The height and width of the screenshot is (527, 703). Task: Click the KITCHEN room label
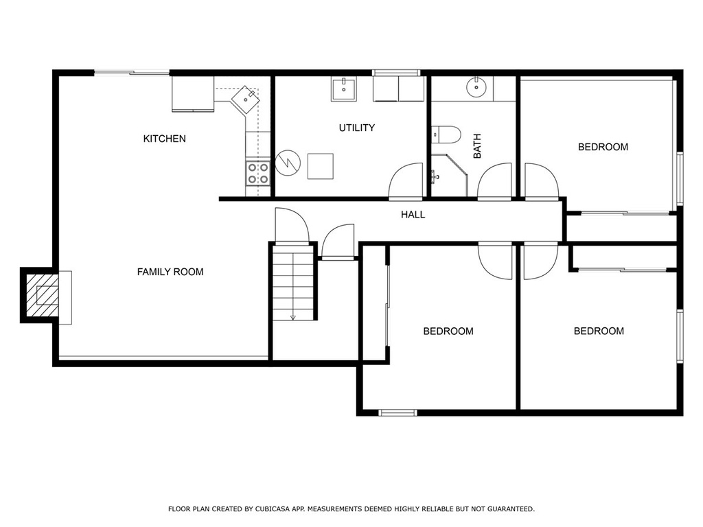(164, 139)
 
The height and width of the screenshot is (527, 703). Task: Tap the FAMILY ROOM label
(170, 272)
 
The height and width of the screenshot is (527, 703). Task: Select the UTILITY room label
(356, 128)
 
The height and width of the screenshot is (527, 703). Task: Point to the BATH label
(477, 146)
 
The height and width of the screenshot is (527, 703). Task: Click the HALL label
(413, 215)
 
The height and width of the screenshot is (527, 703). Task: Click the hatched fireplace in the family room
(42, 295)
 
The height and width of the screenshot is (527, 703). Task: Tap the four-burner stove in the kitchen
(258, 173)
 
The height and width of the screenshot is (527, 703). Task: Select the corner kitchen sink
(245, 100)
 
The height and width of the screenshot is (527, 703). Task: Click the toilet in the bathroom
(446, 135)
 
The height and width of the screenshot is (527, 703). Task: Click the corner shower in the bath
(449, 176)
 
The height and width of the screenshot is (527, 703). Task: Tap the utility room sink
(344, 89)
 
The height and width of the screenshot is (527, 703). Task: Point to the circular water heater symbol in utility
(288, 163)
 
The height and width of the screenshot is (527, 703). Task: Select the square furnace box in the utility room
(321, 166)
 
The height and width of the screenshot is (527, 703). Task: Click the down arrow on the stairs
(293, 317)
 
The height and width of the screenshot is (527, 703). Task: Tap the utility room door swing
(406, 180)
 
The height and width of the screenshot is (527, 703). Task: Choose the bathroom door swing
(494, 180)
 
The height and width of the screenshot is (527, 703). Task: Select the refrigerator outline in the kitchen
(193, 93)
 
